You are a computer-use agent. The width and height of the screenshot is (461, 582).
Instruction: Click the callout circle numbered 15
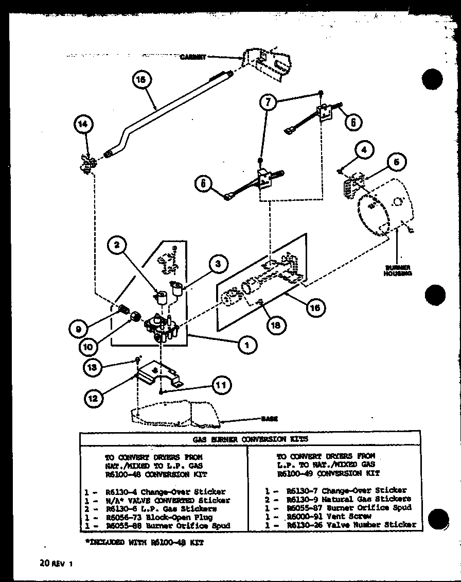click(141, 80)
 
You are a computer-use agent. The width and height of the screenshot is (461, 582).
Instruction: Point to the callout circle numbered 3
click(218, 265)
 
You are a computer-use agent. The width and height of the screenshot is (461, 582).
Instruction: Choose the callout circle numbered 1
click(247, 346)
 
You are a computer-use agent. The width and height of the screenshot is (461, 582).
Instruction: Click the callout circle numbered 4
click(363, 151)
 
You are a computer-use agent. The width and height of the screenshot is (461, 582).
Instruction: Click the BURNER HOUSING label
click(397, 271)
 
